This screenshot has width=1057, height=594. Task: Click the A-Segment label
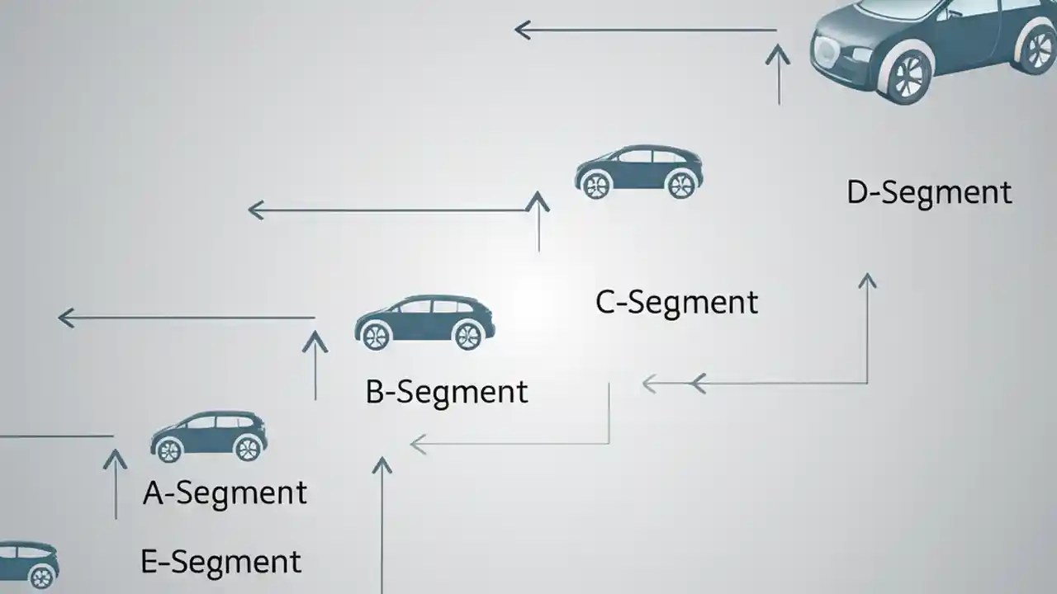(225, 493)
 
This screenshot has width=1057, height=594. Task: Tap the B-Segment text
(446, 392)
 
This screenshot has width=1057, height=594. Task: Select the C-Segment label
(676, 303)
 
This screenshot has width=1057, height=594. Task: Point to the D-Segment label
(929, 193)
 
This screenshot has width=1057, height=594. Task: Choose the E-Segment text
(220, 563)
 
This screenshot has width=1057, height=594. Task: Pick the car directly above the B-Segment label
(424, 323)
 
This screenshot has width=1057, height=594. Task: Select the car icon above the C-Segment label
(638, 172)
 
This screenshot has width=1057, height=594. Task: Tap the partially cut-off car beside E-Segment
(28, 564)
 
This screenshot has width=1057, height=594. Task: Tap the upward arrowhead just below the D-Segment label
(867, 281)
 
